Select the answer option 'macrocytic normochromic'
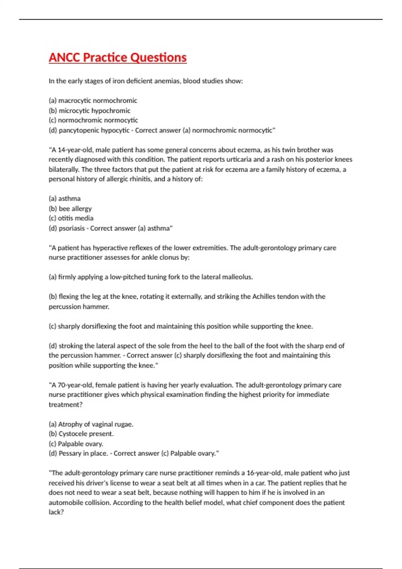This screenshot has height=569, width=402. (97, 100)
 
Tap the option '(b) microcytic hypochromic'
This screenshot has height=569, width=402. (89, 110)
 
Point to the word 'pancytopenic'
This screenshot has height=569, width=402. (77, 130)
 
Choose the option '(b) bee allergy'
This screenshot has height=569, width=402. (70, 209)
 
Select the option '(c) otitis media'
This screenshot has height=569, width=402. (71, 218)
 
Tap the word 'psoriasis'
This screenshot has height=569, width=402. (72, 228)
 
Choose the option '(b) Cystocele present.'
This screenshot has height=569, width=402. (81, 434)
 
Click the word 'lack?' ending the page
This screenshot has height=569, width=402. (56, 512)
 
